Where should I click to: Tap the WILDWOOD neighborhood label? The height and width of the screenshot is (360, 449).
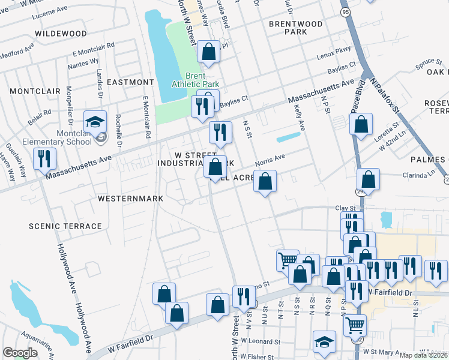tap(61, 34)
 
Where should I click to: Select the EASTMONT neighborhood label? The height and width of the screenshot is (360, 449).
tap(130, 82)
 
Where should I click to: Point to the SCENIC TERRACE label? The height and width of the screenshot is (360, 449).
tap(65, 226)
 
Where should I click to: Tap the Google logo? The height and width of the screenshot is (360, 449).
tap(20, 352)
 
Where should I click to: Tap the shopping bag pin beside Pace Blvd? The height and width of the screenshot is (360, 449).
tap(361, 125)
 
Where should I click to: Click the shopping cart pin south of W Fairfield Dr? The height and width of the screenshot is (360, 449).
tap(355, 325)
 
